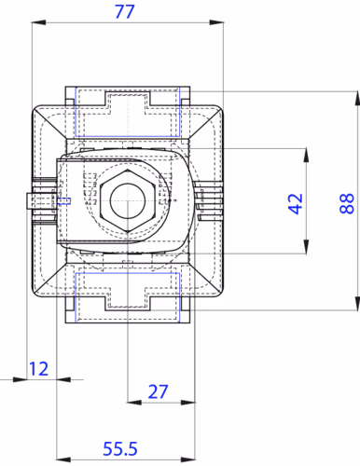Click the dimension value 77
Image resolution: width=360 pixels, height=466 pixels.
[125, 12]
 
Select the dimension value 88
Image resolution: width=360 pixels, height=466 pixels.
[347, 203]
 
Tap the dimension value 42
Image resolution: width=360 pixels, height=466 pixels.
[296, 203]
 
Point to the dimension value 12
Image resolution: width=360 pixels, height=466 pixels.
[38, 369]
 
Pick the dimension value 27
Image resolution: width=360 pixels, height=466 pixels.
[159, 391]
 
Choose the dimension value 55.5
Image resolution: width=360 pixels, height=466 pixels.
[120, 449]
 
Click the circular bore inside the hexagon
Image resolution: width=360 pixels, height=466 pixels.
[128, 200]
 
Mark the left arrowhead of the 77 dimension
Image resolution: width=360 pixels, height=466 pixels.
[39, 22]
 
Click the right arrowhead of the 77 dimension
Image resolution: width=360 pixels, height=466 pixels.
[216, 22]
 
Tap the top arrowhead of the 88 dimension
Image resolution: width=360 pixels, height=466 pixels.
[357, 99]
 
